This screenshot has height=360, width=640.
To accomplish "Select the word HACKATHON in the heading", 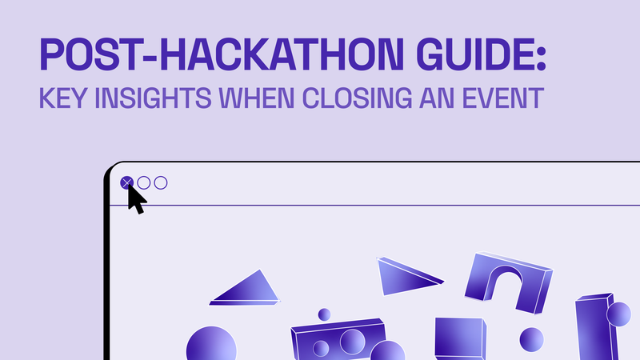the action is click(282, 54).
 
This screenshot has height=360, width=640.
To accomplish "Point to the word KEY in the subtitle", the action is click(63, 98).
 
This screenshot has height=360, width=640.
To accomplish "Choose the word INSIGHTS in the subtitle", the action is click(153, 98).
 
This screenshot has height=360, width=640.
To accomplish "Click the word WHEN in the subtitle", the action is click(256, 98).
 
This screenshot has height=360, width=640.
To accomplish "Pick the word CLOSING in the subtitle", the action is click(357, 98).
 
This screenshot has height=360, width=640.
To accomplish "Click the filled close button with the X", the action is click(127, 183).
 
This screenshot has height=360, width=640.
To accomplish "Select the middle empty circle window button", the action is click(144, 183).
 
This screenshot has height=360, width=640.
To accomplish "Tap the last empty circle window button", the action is click(161, 183).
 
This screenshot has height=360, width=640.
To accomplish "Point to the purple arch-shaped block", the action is click(508, 282).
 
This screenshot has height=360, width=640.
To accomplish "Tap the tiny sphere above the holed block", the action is click(324, 314).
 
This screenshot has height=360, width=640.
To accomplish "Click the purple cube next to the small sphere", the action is click(461, 338).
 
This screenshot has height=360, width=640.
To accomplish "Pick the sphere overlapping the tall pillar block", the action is click(618, 314).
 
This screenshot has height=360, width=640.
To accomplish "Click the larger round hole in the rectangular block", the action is click(353, 342).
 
